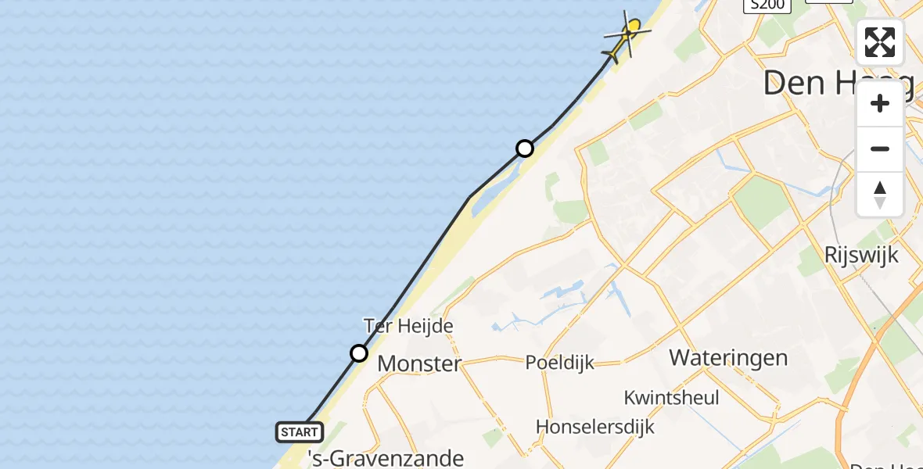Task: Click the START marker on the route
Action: click(x=299, y=431)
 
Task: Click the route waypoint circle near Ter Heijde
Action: click(x=359, y=353)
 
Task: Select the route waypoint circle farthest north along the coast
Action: click(x=525, y=149)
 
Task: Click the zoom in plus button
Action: click(x=880, y=104)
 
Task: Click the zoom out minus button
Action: click(x=880, y=149)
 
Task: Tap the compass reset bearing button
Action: click(x=880, y=194)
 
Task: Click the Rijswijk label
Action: click(x=861, y=255)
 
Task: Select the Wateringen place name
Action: click(x=728, y=358)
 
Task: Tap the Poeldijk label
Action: click(x=559, y=363)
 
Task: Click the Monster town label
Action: click(x=419, y=363)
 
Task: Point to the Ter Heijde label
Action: click(x=408, y=325)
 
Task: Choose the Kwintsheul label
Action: click(x=671, y=397)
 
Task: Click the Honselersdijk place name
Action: click(x=594, y=427)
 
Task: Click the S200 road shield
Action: click(x=767, y=5)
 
